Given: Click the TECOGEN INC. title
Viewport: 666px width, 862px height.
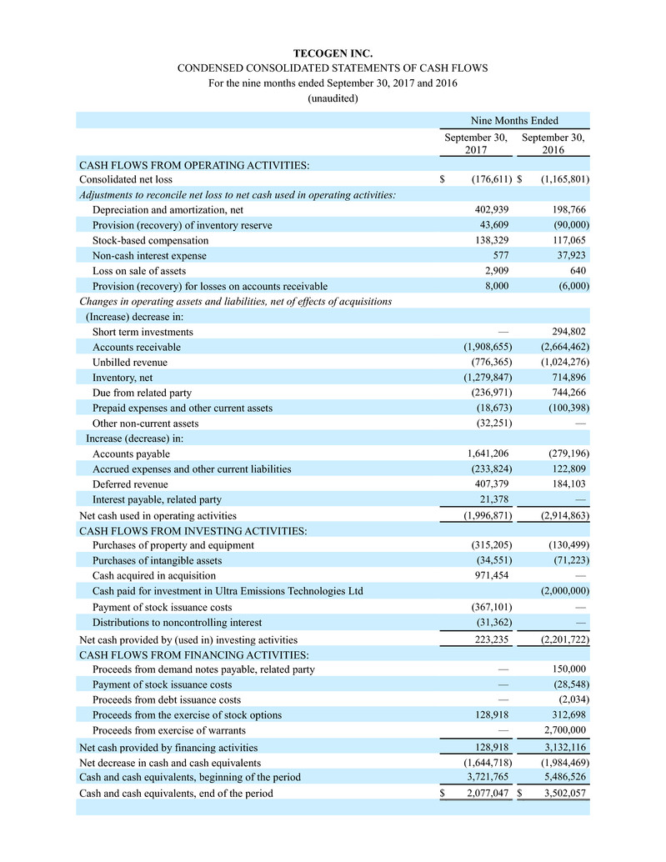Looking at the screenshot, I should click(333, 53).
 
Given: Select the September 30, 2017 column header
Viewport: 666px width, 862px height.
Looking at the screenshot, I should click(475, 144).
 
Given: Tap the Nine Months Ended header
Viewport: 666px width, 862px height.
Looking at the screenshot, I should click(513, 121).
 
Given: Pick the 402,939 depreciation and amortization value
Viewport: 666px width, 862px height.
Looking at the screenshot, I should click(487, 210).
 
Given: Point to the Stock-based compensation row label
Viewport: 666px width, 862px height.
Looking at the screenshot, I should click(150, 240).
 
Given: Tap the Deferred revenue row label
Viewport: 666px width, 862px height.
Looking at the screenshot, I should click(130, 484).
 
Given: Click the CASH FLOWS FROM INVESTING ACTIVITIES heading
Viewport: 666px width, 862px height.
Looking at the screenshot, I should click(193, 530).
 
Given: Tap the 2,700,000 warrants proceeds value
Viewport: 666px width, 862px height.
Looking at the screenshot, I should click(564, 731).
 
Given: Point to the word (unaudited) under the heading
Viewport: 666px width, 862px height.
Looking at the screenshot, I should click(333, 98).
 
